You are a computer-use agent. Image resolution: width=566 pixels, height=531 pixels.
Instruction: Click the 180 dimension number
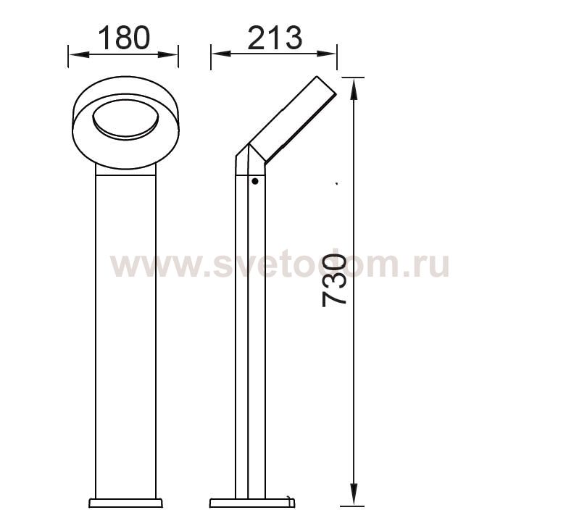124,38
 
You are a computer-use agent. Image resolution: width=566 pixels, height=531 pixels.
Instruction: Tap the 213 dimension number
275,38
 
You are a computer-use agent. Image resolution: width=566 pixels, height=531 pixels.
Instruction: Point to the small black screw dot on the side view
255,181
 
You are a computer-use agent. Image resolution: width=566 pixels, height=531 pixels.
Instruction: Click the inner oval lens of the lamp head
125,120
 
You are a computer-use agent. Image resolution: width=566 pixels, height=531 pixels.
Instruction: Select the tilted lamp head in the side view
293,118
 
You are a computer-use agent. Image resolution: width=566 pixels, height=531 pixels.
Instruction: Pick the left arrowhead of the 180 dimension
79,55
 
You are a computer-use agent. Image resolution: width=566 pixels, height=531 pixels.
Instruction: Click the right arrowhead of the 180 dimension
168,55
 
